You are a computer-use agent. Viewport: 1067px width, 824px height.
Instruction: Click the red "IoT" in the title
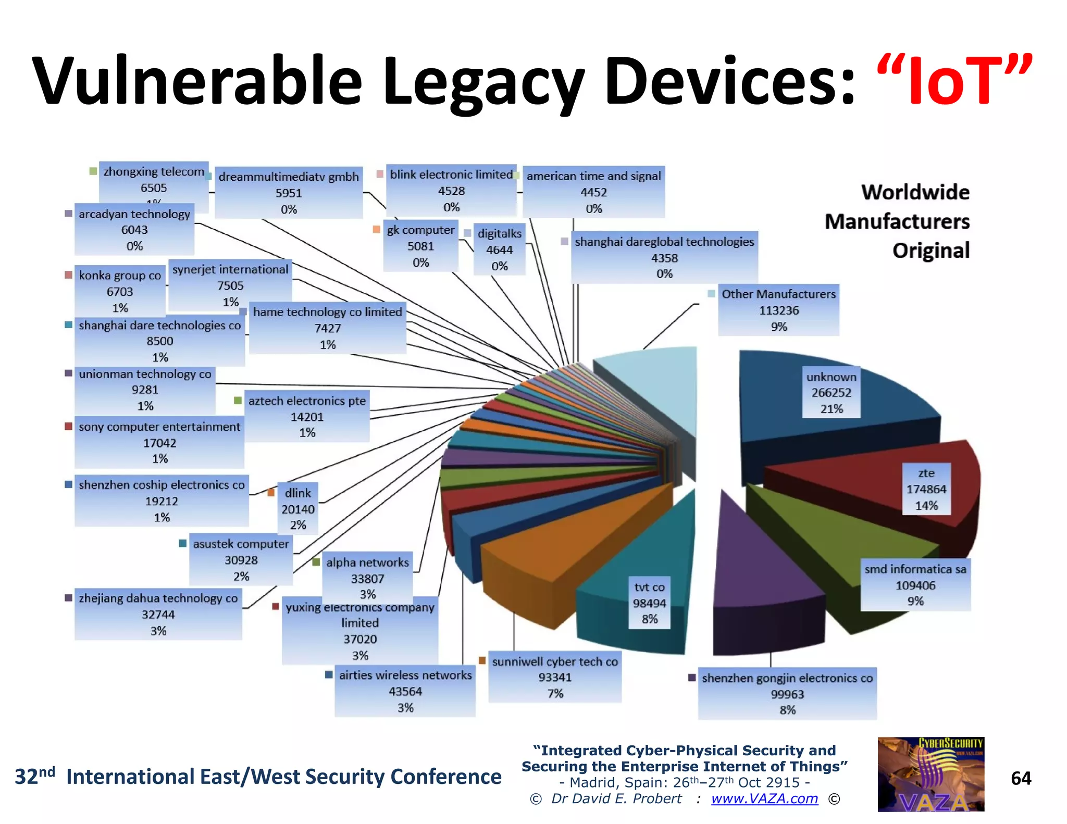point(954,81)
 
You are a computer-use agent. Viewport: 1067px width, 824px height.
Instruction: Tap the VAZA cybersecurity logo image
point(930,774)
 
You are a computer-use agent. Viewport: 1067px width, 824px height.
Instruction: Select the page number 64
point(1021,778)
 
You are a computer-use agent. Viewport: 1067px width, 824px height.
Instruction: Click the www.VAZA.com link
point(764,798)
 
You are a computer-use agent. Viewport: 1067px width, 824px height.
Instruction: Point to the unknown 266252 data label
point(831,393)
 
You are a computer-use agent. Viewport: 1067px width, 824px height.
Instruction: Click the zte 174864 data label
point(926,489)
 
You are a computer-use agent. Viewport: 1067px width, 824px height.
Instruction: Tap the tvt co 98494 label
point(649,603)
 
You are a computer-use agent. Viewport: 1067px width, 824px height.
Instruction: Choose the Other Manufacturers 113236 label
point(778,310)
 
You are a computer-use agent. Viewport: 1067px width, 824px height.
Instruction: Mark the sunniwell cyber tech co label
point(555,677)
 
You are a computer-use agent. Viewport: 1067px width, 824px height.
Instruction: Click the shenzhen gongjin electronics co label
point(787,694)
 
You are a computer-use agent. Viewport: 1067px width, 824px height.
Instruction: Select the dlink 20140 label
point(297,509)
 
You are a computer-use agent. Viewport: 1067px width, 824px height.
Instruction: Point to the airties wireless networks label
point(405,691)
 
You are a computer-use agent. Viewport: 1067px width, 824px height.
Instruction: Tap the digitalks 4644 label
point(499,250)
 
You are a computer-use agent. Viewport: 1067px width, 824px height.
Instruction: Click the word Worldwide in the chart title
point(915,192)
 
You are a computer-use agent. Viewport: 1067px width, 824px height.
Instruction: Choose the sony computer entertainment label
point(159,442)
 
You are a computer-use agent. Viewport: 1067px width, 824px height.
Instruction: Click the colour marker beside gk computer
point(377,229)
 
